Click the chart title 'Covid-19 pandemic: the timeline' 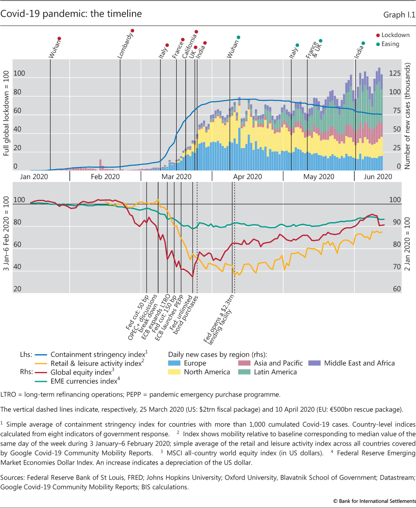pos(71,14)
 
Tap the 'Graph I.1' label pos(399,15)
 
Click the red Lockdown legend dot pos(378,35)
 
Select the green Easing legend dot pos(378,44)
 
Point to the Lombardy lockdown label pos(125,44)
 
